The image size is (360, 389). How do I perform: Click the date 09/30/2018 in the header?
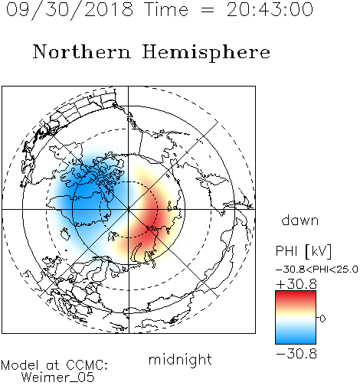[x=70, y=10]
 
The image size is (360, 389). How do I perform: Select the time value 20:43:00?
[x=270, y=10]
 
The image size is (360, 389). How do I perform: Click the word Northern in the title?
[x=81, y=52]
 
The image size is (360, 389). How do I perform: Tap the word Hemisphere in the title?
[x=206, y=52]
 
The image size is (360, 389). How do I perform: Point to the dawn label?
[x=300, y=220]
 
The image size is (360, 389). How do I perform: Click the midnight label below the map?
[x=180, y=360]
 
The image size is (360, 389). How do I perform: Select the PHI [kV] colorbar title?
[x=303, y=251]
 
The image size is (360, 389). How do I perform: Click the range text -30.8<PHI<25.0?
[x=317, y=270]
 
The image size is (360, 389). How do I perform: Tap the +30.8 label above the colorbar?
[x=296, y=284]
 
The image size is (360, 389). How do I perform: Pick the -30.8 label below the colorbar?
[x=296, y=354]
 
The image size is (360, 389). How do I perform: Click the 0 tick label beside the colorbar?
[x=322, y=319]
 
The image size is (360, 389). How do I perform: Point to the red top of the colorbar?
[x=296, y=296]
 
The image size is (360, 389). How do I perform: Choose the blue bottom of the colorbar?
[x=296, y=339]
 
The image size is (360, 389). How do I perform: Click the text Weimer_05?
[x=58, y=378]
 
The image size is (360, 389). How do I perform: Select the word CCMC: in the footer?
[x=87, y=365]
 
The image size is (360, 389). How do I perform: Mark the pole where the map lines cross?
[x=129, y=209]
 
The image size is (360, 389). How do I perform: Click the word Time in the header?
[x=166, y=10]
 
